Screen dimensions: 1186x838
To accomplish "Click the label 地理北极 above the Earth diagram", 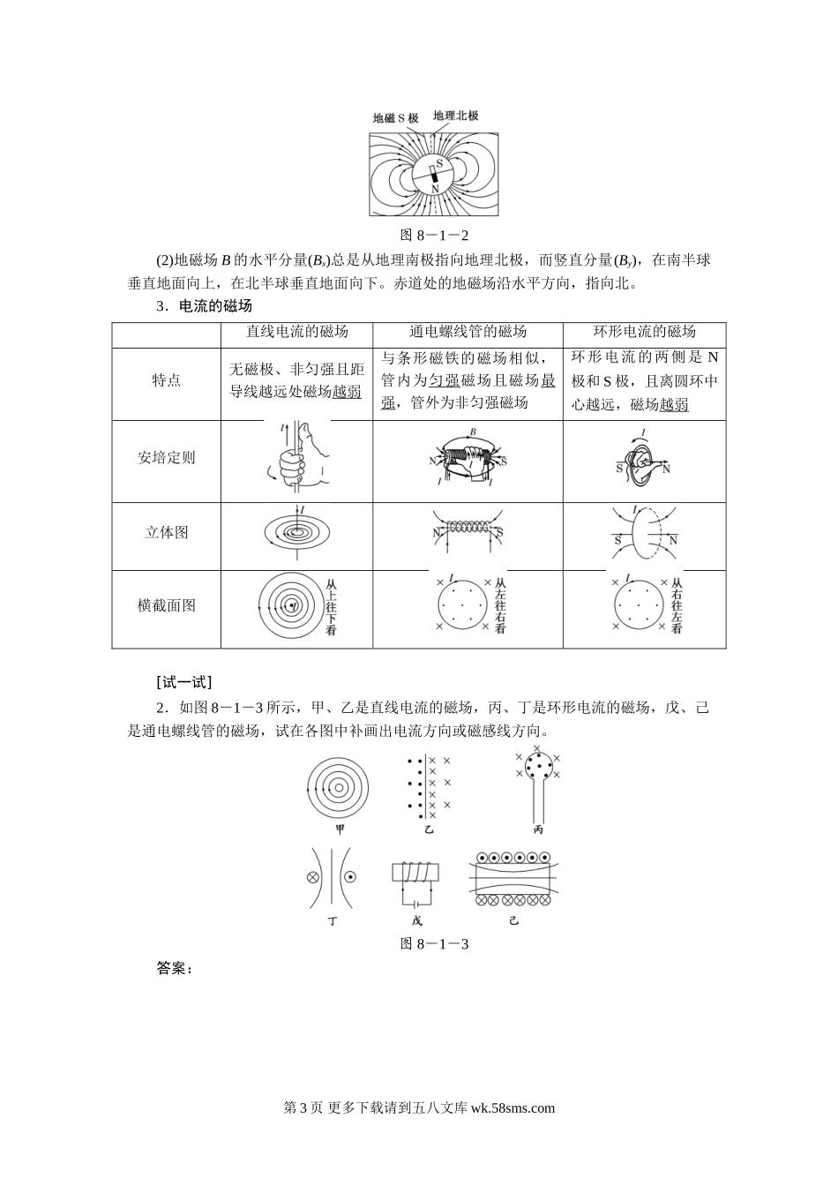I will pyautogui.click(x=456, y=116).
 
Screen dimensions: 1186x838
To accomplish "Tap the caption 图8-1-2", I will pyautogui.click(x=433, y=235).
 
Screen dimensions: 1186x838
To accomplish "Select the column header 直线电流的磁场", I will pyautogui.click(x=296, y=332).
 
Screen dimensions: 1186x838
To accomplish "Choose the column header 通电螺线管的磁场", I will pyautogui.click(x=468, y=332).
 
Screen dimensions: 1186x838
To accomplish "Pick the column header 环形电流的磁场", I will pyautogui.click(x=644, y=332).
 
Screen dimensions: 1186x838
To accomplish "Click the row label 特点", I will pyautogui.click(x=166, y=380).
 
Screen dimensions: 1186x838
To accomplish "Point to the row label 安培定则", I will pyautogui.click(x=166, y=458).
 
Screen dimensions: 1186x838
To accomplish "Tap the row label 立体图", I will pyautogui.click(x=166, y=533).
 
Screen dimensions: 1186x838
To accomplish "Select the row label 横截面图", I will pyautogui.click(x=166, y=606).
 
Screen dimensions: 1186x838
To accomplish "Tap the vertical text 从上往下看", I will pyautogui.click(x=331, y=606).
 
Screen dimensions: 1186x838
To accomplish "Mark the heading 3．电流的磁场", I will pyautogui.click(x=204, y=306).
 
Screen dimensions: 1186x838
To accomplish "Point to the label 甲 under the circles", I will pyautogui.click(x=340, y=829).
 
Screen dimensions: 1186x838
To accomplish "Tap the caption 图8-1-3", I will pyautogui.click(x=433, y=943).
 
